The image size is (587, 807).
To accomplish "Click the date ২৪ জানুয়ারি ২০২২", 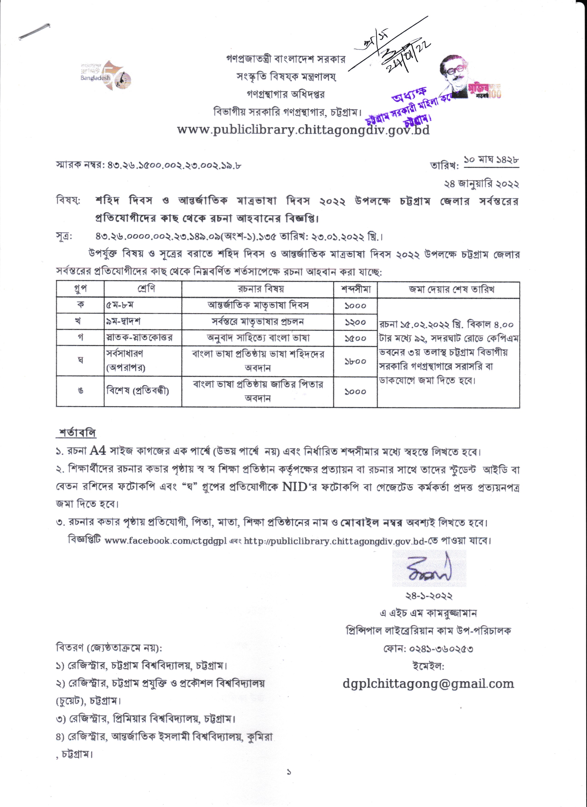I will pyautogui.click(x=481, y=184).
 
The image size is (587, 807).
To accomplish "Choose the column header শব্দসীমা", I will pyautogui.click(x=355, y=289).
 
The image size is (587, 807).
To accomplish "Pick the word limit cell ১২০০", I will pyautogui.click(x=355, y=322).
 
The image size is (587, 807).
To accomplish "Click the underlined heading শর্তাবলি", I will pyautogui.click(x=77, y=433).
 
